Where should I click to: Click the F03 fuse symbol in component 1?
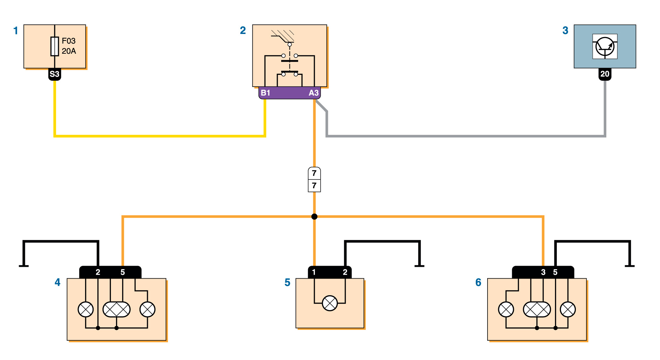(55, 46)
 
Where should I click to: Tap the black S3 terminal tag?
(54, 74)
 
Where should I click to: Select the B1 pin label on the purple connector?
(266, 93)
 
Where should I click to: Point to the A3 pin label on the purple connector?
(313, 93)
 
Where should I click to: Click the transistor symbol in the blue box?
(605, 46)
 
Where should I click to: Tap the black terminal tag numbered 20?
(605, 74)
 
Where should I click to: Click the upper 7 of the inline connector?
(314, 173)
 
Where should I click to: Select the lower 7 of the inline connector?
(314, 186)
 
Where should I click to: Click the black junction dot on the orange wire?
(314, 217)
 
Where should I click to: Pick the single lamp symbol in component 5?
(330, 303)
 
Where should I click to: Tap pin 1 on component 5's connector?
(314, 272)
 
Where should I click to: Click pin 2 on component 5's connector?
(345, 272)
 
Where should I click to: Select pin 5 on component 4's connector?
(123, 272)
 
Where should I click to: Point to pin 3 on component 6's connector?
(543, 272)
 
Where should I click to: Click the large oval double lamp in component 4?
(117, 309)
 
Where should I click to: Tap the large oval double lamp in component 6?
(537, 309)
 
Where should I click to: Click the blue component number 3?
(565, 30)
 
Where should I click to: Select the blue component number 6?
(478, 282)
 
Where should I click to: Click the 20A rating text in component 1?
(69, 51)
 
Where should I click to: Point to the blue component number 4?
(57, 282)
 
